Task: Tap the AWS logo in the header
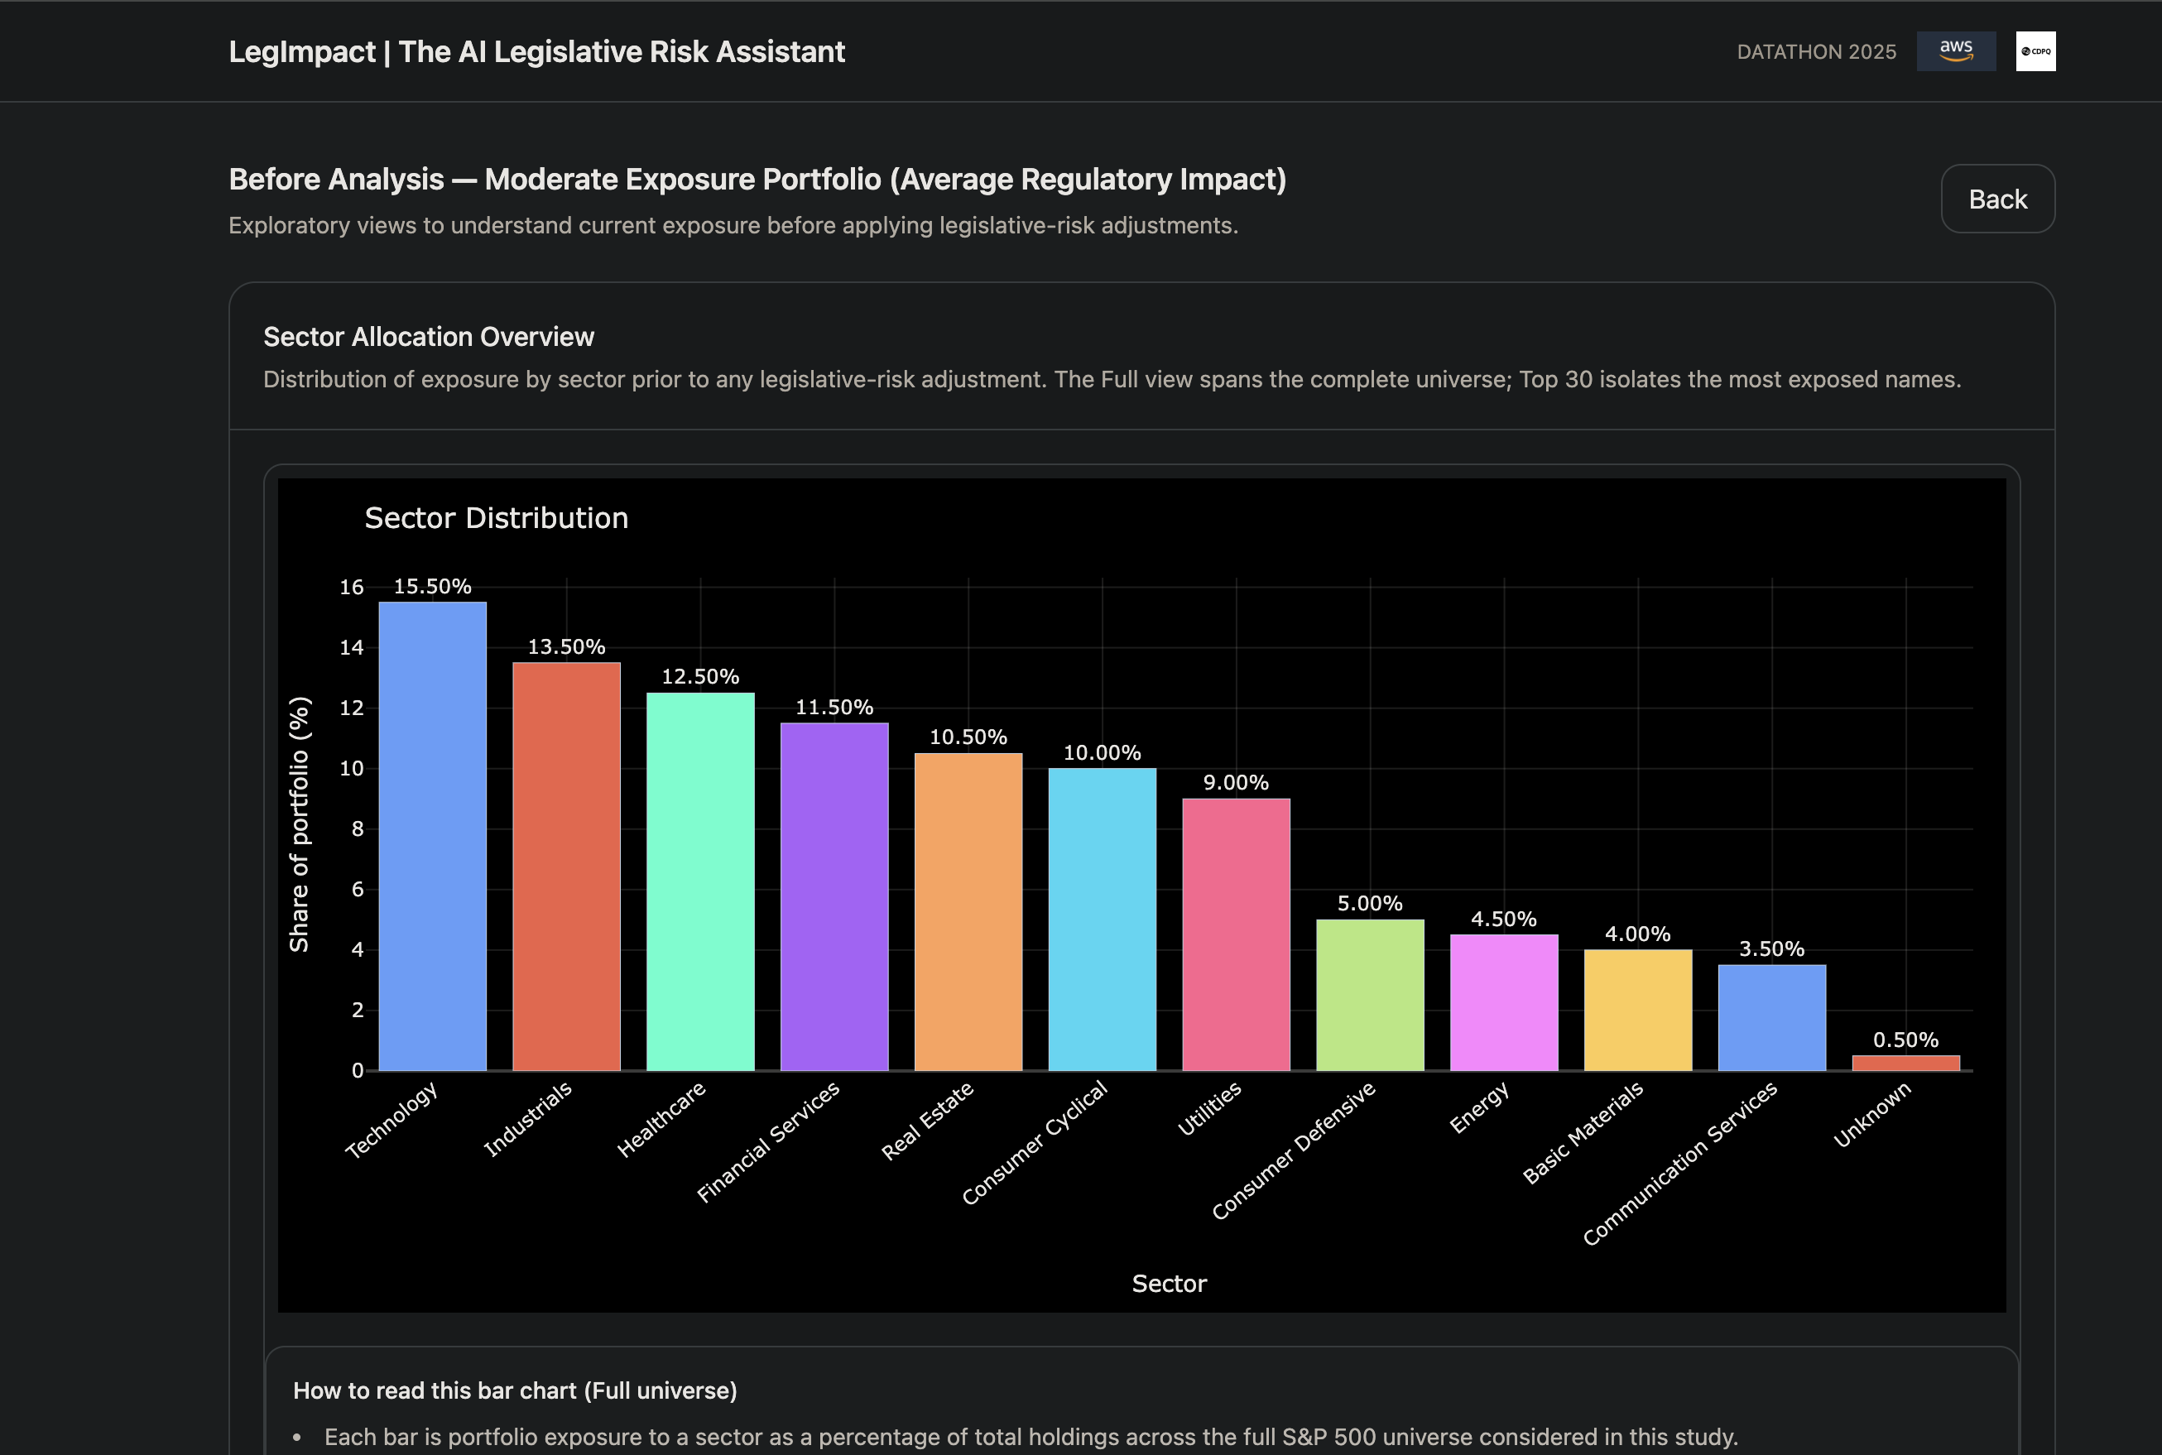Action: (1956, 51)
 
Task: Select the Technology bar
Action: (432, 835)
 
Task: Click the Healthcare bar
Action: (700, 881)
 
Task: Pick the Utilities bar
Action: (1236, 934)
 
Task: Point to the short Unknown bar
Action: (1906, 1063)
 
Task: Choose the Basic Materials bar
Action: (1638, 1010)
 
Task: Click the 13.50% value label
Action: (566, 646)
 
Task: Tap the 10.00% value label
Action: (1102, 752)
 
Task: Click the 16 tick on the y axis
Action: (352, 588)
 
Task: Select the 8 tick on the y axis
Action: (358, 828)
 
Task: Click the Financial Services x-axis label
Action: (768, 1141)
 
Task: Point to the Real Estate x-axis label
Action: (927, 1120)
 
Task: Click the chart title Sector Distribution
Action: (497, 518)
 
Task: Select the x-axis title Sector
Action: (1168, 1284)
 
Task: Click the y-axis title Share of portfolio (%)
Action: (299, 824)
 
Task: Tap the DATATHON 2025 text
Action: (1816, 52)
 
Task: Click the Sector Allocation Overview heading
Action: (429, 337)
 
